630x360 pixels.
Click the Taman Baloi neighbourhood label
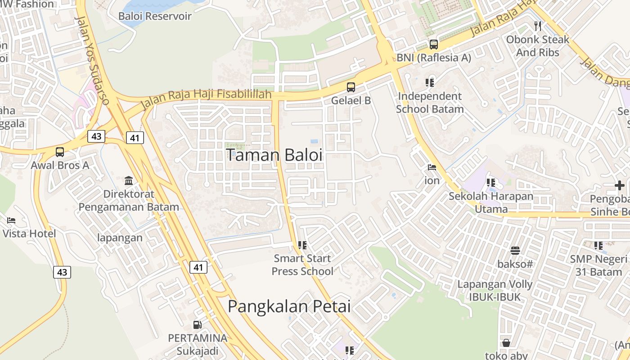coord(274,155)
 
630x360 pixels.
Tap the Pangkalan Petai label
coord(289,306)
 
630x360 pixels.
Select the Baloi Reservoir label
coord(155,16)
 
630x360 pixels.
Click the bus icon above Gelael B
coord(351,87)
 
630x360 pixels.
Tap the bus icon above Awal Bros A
coord(60,152)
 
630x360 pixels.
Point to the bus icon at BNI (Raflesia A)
coord(433,45)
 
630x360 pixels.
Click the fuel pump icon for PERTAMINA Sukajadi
coord(197,324)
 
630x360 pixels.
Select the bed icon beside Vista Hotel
coord(11,220)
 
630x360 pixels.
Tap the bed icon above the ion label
coord(432,167)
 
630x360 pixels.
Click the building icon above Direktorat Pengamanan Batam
coord(129,181)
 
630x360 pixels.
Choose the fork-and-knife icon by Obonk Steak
coord(537,26)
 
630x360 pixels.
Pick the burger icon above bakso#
coord(515,251)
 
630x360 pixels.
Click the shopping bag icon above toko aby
coord(506,343)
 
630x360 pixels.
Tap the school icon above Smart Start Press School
coord(302,245)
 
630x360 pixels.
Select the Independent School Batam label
coord(429,103)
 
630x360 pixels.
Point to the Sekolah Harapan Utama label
coord(491,202)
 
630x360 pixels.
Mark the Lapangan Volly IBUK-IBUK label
coord(495,290)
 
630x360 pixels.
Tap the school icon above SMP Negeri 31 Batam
coord(598,246)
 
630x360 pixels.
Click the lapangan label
coord(120,238)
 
